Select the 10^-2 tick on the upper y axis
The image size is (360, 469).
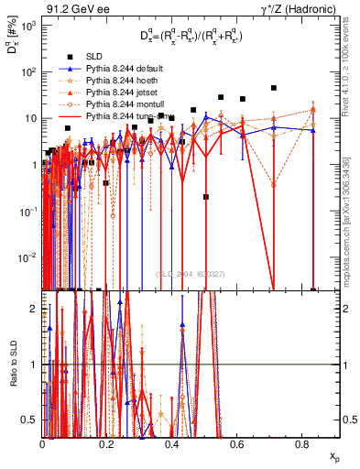click(27, 256)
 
